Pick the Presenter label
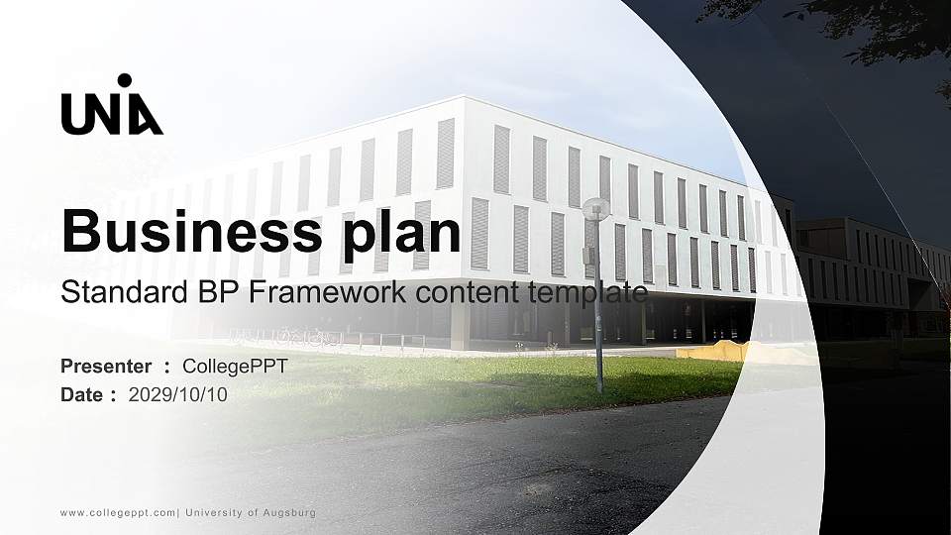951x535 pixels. point(106,367)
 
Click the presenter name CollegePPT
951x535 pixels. point(235,367)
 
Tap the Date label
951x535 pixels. point(82,394)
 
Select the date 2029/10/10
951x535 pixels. point(178,394)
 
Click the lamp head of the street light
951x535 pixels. point(596,207)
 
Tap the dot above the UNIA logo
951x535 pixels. point(124,80)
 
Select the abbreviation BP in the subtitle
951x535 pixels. point(227,293)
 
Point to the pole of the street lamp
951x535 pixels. point(598,317)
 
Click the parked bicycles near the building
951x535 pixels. point(287,337)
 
